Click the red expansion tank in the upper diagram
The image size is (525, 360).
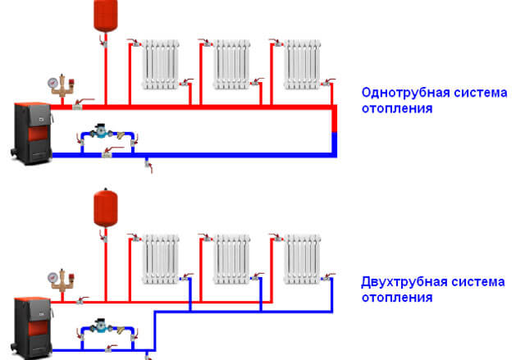[x=103, y=15]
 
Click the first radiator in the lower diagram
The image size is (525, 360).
[x=159, y=259]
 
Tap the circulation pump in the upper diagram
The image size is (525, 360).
[x=102, y=131]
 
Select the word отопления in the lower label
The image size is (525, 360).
[x=396, y=297]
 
